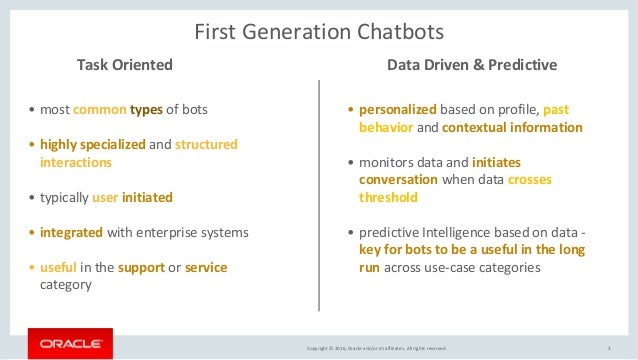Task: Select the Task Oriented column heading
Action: pyautogui.click(x=125, y=66)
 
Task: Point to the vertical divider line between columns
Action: pyautogui.click(x=318, y=195)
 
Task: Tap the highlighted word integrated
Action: pyautogui.click(x=71, y=232)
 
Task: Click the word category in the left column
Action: pyautogui.click(x=67, y=284)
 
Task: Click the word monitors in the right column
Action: pyautogui.click(x=388, y=162)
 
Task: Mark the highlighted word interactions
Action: pyautogui.click(x=76, y=161)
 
